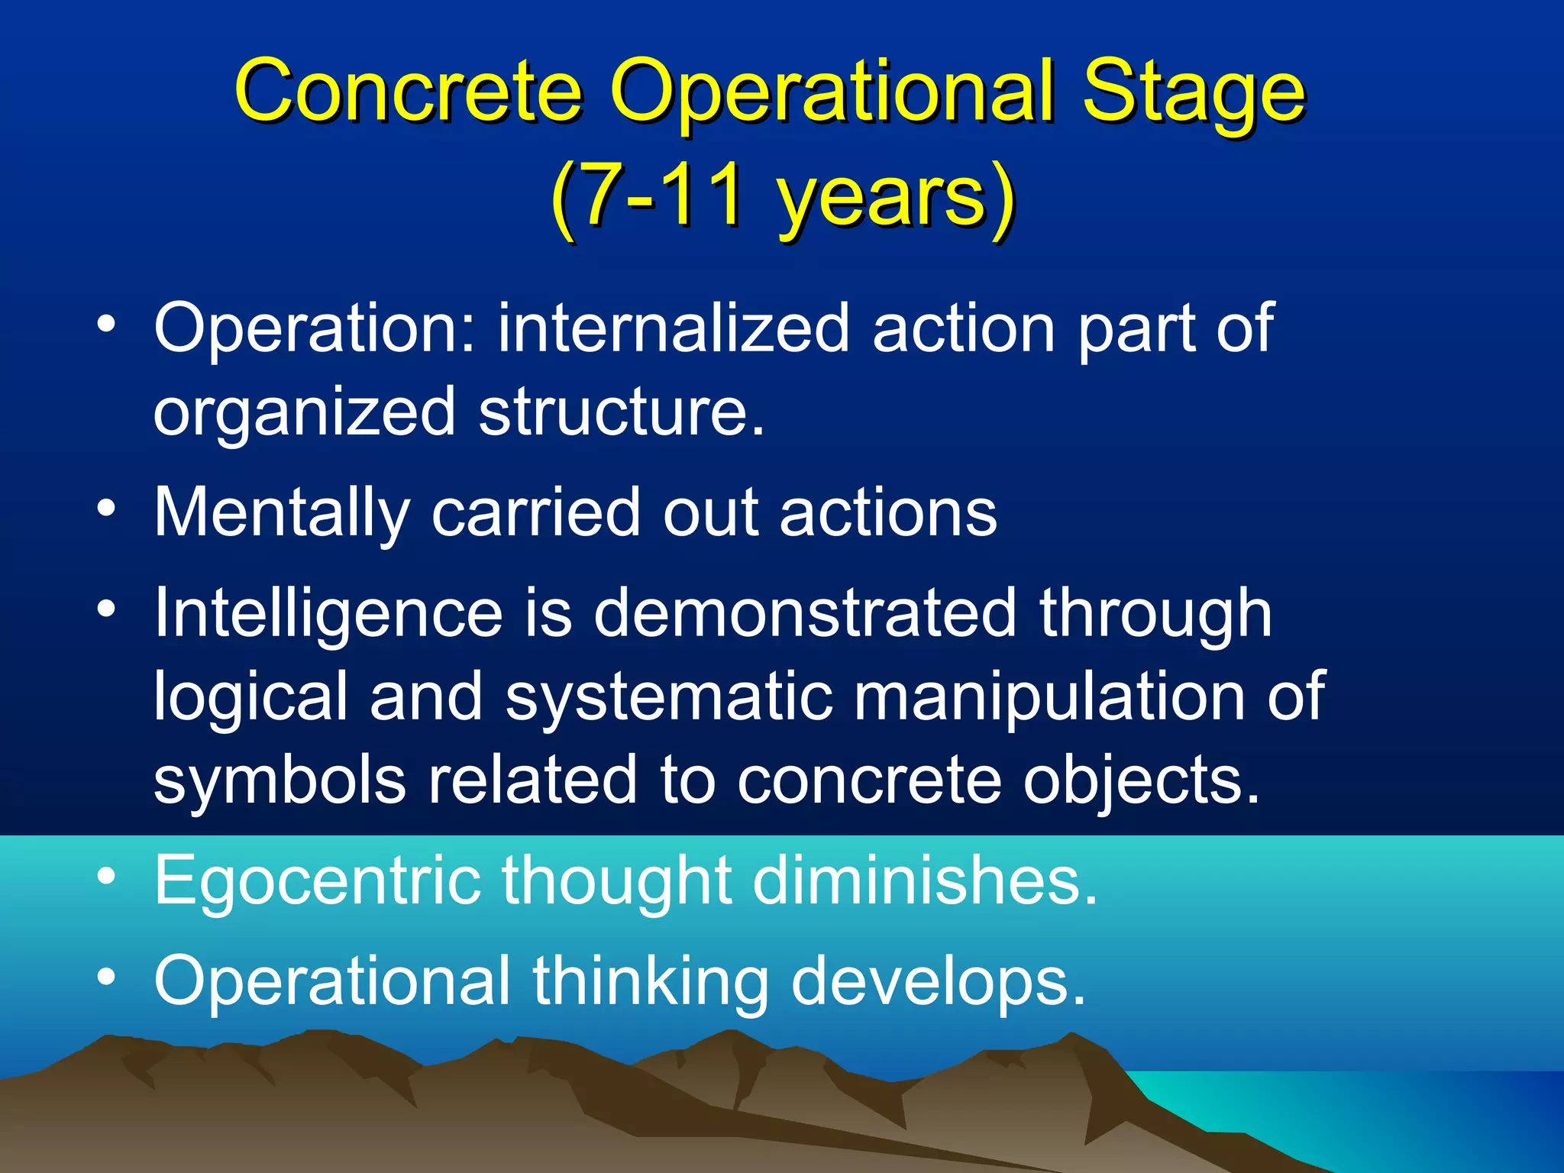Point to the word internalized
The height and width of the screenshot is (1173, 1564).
[x=674, y=328]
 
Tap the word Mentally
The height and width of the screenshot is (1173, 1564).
[x=282, y=514]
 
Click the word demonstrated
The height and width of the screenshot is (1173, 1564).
[x=805, y=613]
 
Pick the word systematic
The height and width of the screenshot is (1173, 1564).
[x=668, y=697]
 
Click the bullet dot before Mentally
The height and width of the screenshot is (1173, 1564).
[x=106, y=508]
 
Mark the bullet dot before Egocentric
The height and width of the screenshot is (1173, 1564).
[x=106, y=876]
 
